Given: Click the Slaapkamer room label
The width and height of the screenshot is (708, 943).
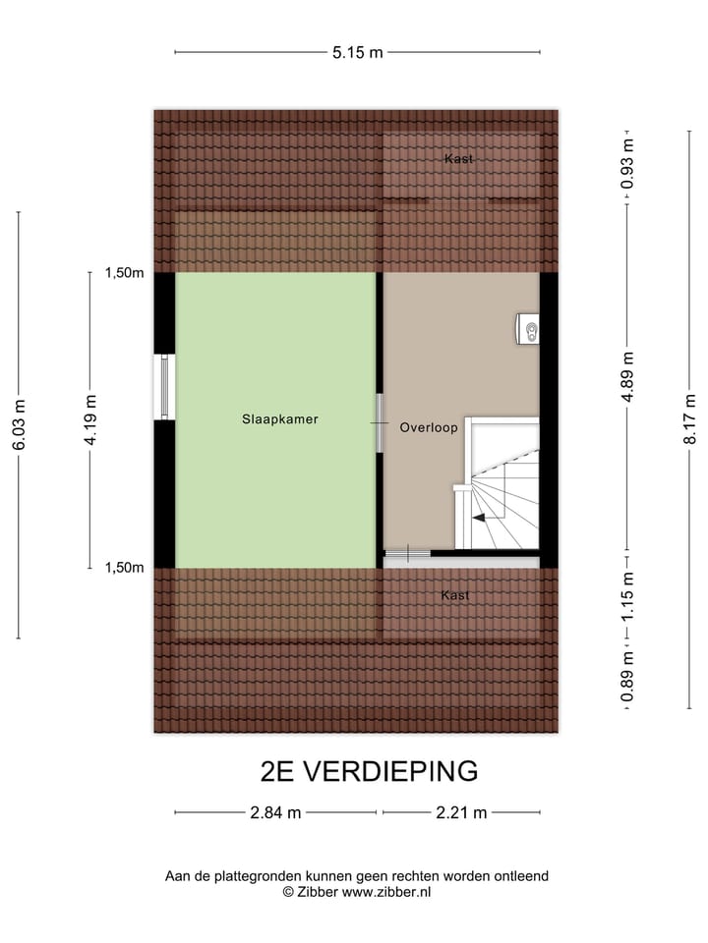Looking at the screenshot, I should pyautogui.click(x=280, y=418).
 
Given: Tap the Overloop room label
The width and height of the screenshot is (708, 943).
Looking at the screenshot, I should pyautogui.click(x=429, y=427).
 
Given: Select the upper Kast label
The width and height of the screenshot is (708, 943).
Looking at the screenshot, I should pyautogui.click(x=458, y=158).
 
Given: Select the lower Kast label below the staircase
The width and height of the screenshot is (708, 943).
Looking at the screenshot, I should pyautogui.click(x=455, y=595).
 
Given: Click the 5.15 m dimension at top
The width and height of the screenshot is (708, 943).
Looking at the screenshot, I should pyautogui.click(x=357, y=52).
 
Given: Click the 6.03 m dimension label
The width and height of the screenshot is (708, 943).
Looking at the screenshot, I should pyautogui.click(x=19, y=424).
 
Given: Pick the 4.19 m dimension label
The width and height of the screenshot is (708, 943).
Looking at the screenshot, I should pyautogui.click(x=89, y=419).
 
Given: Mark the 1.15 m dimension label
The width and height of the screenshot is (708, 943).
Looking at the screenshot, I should pyautogui.click(x=627, y=595).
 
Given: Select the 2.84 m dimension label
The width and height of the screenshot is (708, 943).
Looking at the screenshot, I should pyautogui.click(x=275, y=812).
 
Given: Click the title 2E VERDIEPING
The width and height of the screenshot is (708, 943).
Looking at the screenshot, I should pyautogui.click(x=369, y=771).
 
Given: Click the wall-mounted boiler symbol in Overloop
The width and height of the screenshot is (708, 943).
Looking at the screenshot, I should pyautogui.click(x=529, y=330).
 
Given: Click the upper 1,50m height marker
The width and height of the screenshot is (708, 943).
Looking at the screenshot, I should pyautogui.click(x=125, y=273).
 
